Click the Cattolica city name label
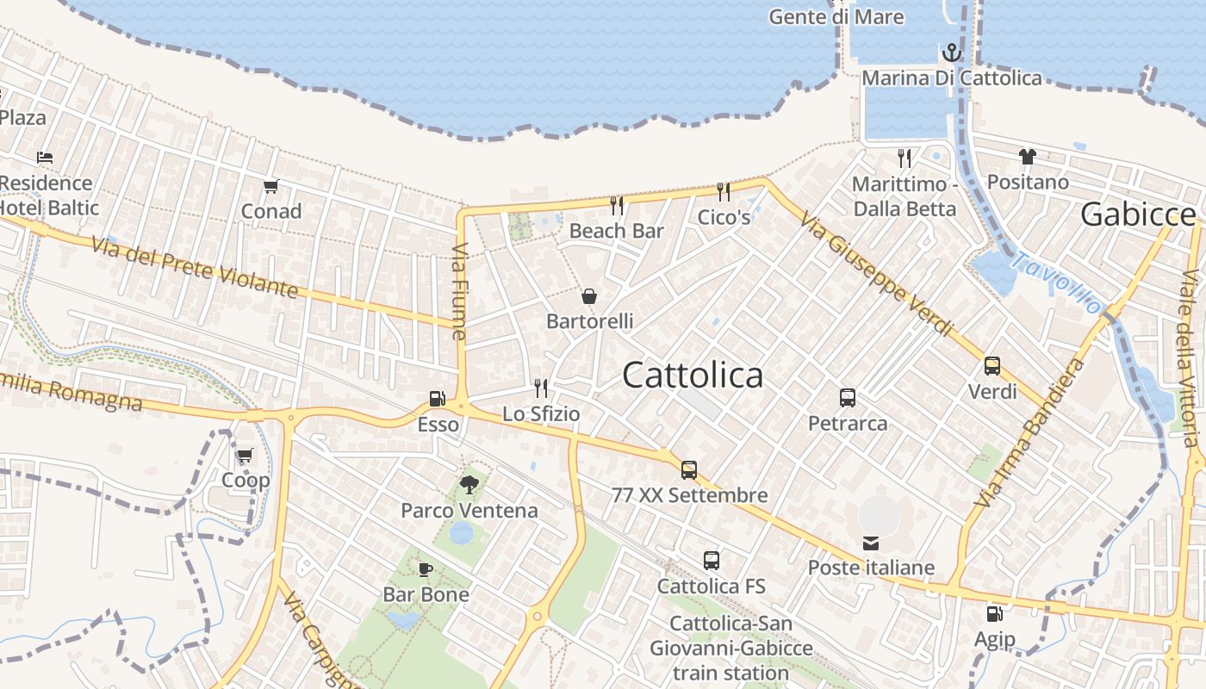tap(692, 376)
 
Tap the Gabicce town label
tap(1137, 214)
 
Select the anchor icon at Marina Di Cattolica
tap(951, 53)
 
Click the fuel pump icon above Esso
tap(437, 399)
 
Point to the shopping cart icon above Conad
tap(270, 186)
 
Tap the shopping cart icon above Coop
tap(245, 456)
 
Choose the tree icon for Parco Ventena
tap(469, 485)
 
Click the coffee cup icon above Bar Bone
tap(425, 569)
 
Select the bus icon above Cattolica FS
tap(712, 561)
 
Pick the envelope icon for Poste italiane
tap(871, 543)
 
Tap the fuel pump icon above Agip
tap(994, 614)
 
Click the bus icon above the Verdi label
tap(992, 366)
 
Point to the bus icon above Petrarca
tap(848, 398)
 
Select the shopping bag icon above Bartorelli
tap(589, 297)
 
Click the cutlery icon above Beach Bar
tap(617, 205)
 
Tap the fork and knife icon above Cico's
tap(724, 191)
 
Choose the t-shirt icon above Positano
tap(1028, 157)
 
